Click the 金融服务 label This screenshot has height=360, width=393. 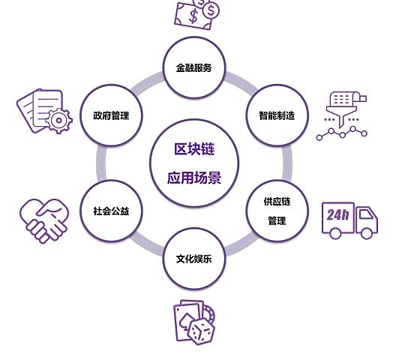point(193,67)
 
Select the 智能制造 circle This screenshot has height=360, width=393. point(277,115)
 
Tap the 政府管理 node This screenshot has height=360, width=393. point(111,115)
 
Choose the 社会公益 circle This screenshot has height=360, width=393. point(111,211)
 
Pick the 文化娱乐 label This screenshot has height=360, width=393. point(193,259)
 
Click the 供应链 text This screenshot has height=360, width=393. point(277,201)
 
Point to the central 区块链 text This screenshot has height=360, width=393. point(194,149)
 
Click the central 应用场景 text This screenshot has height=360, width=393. point(194,178)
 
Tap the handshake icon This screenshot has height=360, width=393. point(44,220)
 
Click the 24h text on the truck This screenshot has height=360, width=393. point(337,214)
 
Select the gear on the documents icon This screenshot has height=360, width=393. point(59,120)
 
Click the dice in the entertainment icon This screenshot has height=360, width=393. point(202,331)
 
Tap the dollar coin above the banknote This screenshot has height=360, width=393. point(211,10)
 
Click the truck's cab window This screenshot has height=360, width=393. point(366,214)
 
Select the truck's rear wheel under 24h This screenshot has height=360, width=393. point(335,233)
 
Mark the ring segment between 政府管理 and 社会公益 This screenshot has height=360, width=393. point(101,163)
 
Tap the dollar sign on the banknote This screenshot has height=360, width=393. point(193,16)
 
